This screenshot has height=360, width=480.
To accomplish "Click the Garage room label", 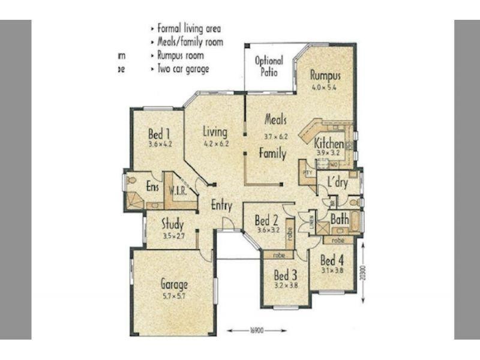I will point(174,284).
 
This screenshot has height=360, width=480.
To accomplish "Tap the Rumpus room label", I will point(325,76).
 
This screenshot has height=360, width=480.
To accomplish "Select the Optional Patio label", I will point(269,66).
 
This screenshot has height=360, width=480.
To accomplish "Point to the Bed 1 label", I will point(159,133).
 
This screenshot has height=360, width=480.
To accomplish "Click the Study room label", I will point(172,226).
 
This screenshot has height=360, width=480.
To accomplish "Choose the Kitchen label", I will point(329,144).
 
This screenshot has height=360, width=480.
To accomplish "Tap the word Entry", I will point(221,205).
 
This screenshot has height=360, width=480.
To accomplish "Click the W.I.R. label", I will point(178,191).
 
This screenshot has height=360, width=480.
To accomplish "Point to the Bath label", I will point(340,220).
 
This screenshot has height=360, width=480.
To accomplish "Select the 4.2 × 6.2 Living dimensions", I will point(216,144).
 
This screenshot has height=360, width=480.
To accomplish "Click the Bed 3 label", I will point(286,275).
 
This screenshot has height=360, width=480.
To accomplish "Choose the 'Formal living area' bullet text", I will point(188,28).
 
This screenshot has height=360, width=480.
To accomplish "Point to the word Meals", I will point(275,119).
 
